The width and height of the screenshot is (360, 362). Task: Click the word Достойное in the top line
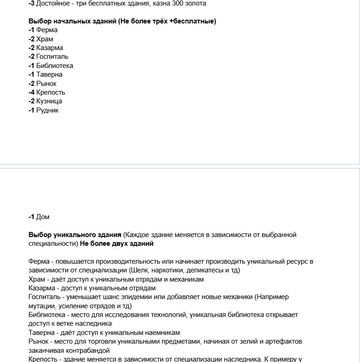[x=52, y=3]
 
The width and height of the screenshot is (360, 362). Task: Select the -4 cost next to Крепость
[x=31, y=92]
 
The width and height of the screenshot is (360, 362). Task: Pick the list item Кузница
[x=49, y=101]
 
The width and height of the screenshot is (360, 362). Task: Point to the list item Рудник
[x=47, y=110]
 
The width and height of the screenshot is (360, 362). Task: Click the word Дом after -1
[x=43, y=217]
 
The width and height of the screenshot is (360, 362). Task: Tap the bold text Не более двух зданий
[x=117, y=243]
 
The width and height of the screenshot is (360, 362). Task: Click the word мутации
[x=42, y=305]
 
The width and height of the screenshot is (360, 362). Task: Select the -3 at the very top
[x=31, y=3]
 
